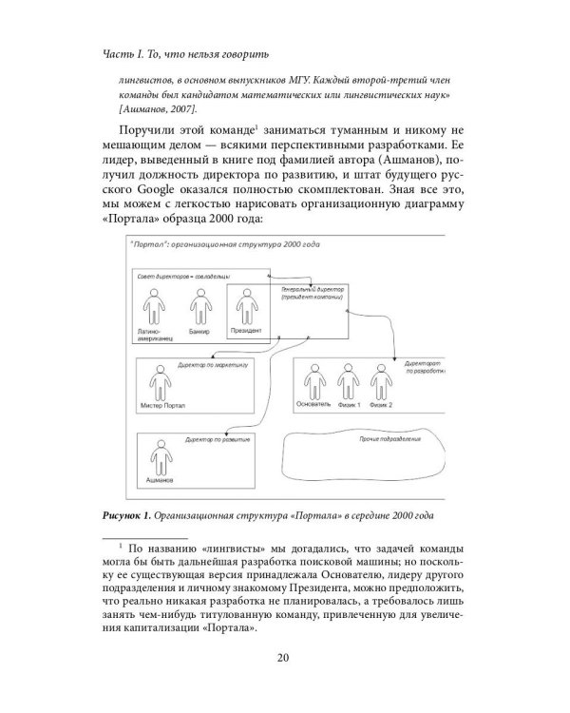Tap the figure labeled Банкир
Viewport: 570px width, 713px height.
(x=199, y=310)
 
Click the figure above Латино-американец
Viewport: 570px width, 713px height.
(x=153, y=310)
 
